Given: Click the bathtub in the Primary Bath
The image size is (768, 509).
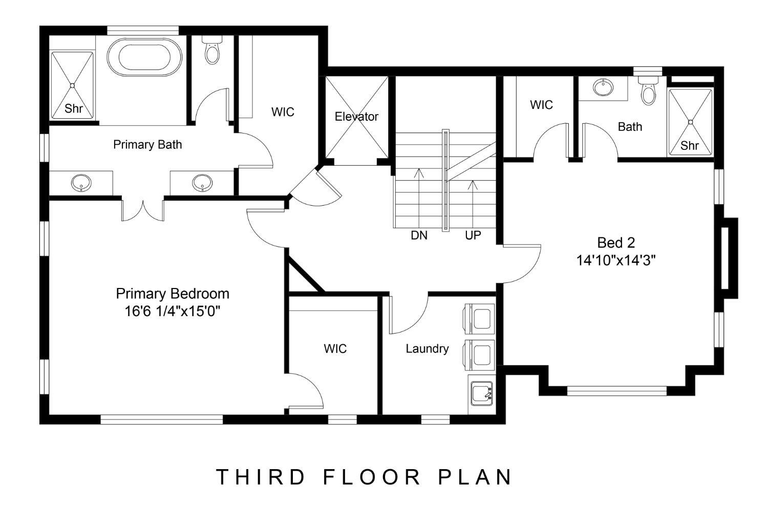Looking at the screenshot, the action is [144, 57].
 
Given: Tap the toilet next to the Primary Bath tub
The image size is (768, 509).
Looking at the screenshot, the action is [212, 50].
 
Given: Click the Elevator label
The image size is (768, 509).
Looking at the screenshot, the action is [356, 117].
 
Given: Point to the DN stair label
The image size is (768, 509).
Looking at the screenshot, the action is [419, 235].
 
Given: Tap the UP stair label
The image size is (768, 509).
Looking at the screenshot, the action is [473, 235].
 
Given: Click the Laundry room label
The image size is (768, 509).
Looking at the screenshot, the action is [427, 349].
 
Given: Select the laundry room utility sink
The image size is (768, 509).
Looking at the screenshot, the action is [481, 393].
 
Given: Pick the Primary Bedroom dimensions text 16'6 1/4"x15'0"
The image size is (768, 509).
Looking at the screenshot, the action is [172, 312].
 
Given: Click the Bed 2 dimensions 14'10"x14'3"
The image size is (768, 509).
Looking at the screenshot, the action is [616, 260].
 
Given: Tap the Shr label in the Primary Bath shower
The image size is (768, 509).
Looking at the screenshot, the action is [73, 108].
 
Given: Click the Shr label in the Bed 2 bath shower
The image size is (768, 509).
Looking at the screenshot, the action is [690, 146].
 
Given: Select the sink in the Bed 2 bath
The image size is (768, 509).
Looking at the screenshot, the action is [603, 87].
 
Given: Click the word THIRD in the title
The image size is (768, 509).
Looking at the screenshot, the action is [261, 477].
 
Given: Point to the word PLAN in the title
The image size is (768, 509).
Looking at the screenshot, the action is [475, 477].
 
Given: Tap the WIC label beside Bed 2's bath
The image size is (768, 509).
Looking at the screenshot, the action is [541, 105].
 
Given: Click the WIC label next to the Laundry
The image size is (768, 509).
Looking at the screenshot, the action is [335, 349].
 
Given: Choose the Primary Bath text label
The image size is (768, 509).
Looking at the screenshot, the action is [147, 145].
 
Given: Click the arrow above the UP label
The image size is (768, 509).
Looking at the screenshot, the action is [473, 204].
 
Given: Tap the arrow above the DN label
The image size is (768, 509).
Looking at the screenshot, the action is [419, 198].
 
